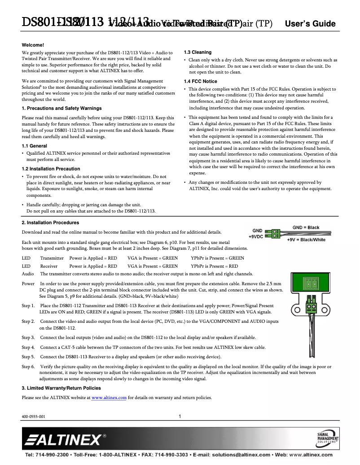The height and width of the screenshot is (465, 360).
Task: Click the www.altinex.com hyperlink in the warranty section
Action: point(109,398)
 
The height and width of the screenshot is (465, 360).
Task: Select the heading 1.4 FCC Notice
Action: point(200,81)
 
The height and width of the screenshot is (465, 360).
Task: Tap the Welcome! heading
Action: point(33,45)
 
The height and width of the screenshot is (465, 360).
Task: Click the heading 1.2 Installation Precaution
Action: point(51,169)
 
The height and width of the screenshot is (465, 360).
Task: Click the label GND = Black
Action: point(306,227)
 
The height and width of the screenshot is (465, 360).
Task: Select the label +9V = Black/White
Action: point(306,239)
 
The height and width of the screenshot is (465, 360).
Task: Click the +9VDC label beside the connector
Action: point(255,236)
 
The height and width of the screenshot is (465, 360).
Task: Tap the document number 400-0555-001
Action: point(34,417)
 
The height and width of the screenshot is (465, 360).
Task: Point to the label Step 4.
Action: point(28,348)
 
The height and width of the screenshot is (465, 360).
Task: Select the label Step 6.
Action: point(28,366)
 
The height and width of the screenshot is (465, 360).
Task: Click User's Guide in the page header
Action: point(310,24)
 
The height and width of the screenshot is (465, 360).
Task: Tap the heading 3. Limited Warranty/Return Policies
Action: point(61,388)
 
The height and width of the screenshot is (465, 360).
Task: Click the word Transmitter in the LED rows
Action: point(52,258)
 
